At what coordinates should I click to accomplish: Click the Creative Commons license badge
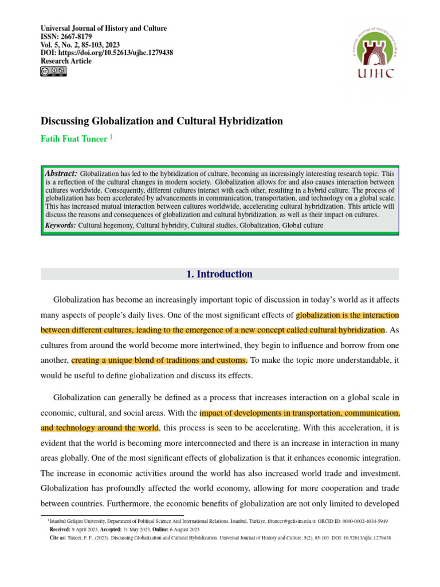coord(53,72)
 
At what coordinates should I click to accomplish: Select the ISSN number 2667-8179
coord(76,37)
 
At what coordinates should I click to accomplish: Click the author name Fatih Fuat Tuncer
coord(73,139)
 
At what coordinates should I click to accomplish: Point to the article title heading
coord(162,121)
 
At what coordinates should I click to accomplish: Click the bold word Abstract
coord(61,173)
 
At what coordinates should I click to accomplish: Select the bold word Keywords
coord(60,225)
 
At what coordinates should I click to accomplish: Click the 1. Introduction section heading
coord(219,275)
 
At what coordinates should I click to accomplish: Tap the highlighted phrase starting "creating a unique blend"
coord(160,360)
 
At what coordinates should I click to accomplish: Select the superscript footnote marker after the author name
coord(111,138)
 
